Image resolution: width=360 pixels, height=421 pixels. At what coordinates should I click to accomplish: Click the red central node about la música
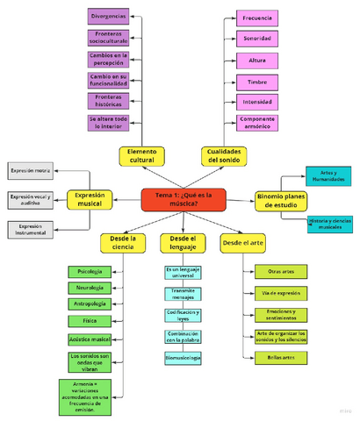coord(183,199)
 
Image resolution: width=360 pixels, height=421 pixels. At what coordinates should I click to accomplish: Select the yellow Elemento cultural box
coord(141,155)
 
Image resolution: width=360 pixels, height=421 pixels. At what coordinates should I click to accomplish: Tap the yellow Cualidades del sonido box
coord(224,155)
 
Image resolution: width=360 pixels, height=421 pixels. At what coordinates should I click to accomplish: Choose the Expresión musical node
coord(90,199)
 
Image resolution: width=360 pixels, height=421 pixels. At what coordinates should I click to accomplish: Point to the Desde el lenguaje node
coord(183,243)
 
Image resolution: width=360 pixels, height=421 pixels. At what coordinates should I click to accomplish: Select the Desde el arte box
coord(242,239)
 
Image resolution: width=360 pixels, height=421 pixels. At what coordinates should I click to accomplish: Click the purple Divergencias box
coord(108,16)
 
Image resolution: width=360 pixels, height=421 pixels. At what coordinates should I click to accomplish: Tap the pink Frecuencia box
coord(256,18)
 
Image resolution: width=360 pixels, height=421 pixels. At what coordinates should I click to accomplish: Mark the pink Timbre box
coord(256,81)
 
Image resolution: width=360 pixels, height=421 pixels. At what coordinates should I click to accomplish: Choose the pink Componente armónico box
coord(256,123)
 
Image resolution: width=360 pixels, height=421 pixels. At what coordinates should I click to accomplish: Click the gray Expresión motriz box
coord(31,170)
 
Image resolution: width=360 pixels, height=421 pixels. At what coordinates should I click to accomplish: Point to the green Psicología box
coord(90,272)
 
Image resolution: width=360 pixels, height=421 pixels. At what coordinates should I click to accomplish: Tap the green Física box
coord(90,321)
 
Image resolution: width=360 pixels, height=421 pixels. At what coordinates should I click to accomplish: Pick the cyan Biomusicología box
coord(183,358)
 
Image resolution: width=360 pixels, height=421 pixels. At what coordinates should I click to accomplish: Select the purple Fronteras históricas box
coord(108,101)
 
